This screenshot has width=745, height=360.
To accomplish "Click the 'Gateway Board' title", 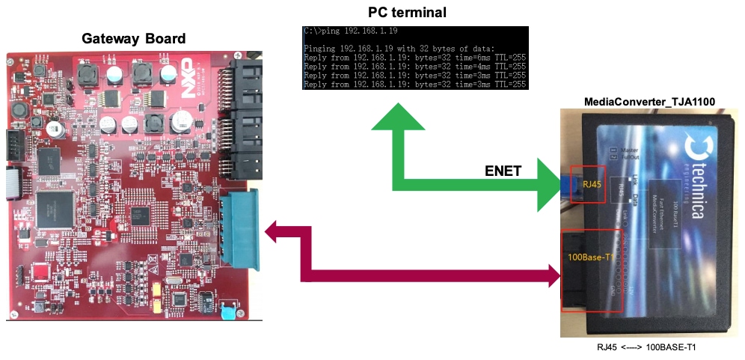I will [133, 39].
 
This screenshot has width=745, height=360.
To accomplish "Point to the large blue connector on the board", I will [240, 228].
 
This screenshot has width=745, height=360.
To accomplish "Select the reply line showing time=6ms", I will [415, 57].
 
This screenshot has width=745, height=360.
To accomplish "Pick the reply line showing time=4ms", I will [415, 66].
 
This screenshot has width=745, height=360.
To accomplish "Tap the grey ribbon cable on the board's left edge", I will [11, 183].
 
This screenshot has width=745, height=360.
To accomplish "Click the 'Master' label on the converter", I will [626, 149].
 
